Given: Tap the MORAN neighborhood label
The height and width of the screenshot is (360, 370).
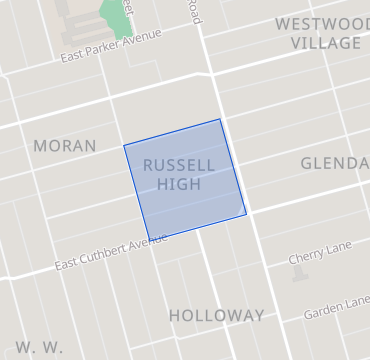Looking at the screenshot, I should pyautogui.click(x=65, y=146).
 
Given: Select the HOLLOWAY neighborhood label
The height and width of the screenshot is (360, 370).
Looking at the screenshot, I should pyautogui.click(x=216, y=315).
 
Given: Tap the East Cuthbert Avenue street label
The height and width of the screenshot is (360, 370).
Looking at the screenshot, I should pyautogui.click(x=105, y=255).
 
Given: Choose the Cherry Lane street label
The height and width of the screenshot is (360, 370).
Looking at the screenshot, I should pyautogui.click(x=314, y=257).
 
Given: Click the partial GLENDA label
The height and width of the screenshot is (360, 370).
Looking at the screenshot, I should pyautogui.click(x=335, y=163).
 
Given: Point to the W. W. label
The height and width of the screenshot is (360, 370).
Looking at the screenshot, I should pyautogui.click(x=40, y=347).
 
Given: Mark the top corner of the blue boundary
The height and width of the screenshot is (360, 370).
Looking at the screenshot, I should pyautogui.click(x=220, y=120).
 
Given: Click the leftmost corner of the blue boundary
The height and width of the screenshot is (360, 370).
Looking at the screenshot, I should pyautogui.click(x=124, y=147).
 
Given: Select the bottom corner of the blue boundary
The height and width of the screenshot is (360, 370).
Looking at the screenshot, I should pyautogui.click(x=149, y=241).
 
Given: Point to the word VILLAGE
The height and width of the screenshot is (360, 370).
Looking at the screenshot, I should pyautogui.click(x=326, y=43).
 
